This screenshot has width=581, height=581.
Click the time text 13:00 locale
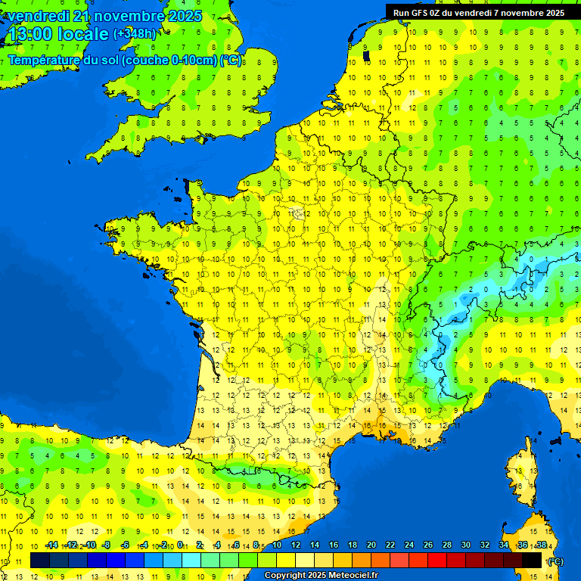(x=57, y=34)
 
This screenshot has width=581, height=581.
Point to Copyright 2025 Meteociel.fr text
(x=320, y=576)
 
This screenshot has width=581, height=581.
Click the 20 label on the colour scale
(x=371, y=545)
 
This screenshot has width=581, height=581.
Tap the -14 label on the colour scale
(x=51, y=545)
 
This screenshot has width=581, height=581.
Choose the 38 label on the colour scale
(x=541, y=545)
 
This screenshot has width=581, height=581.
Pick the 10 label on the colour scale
(x=276, y=545)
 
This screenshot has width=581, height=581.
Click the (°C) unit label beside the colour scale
(x=555, y=561)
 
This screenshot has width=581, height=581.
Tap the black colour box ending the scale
(x=532, y=560)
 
